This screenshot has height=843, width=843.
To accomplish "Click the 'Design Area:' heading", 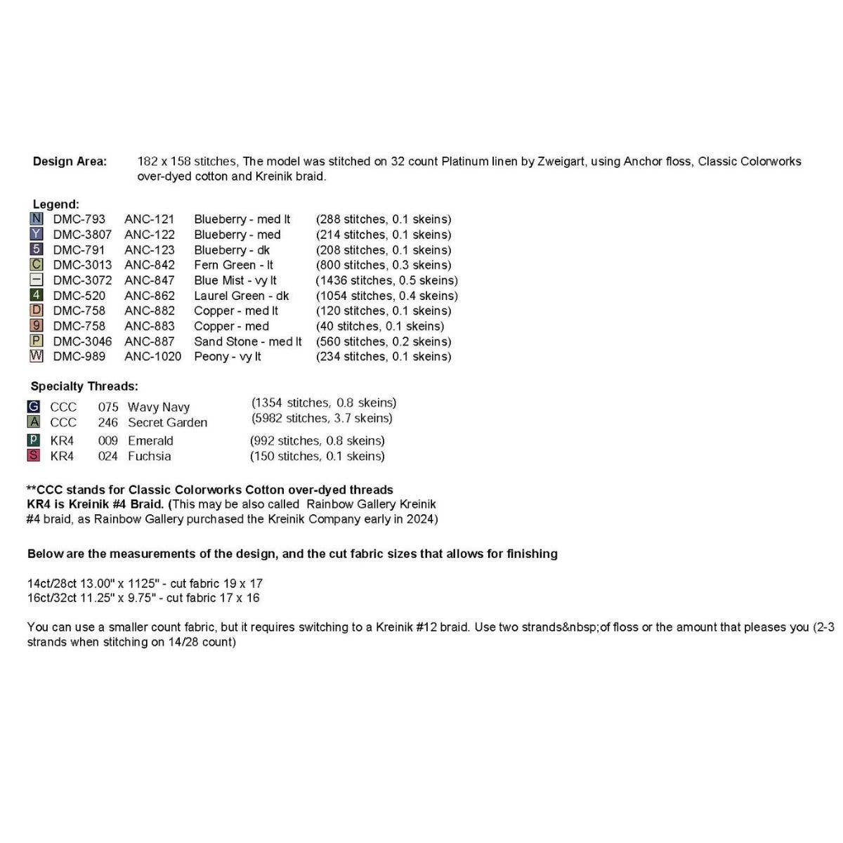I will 70,162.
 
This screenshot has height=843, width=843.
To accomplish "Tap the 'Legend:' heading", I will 55,204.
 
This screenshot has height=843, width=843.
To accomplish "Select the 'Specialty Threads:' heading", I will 84,386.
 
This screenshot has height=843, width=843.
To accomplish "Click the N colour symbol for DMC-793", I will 37,219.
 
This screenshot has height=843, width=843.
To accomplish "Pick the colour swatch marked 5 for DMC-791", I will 37,249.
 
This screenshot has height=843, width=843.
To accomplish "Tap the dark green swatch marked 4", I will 37,296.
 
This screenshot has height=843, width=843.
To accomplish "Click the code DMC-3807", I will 82,235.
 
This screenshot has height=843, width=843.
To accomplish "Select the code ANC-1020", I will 152,357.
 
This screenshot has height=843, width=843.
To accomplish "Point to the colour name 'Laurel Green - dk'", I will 241,296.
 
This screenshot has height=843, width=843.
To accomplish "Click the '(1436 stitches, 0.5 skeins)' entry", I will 386,280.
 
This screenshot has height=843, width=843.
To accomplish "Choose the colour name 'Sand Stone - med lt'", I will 247,341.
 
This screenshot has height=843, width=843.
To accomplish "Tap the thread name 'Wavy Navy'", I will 159,407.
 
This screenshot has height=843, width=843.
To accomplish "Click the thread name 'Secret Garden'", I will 167,423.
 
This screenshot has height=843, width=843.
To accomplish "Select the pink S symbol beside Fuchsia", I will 34,456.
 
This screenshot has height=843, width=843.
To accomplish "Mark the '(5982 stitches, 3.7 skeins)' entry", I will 322,419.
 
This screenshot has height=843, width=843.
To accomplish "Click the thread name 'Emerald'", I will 150,441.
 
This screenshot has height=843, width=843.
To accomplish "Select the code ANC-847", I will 150,280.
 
